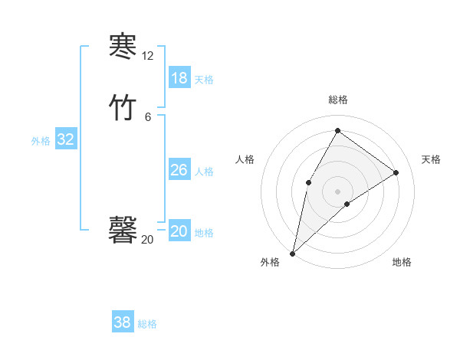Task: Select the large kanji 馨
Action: [123, 229]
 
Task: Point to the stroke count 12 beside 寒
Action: [147, 56]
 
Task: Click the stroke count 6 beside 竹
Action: [147, 117]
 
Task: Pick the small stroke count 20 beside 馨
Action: [147, 240]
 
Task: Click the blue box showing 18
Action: [179, 78]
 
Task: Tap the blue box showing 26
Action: [179, 170]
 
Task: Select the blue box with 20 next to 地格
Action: [179, 231]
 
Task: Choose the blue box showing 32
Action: [65, 139]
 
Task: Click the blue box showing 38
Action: [122, 322]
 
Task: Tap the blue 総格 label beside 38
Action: [147, 324]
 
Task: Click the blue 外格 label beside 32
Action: [41, 140]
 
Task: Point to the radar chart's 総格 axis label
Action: [337, 100]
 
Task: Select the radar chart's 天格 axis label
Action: [431, 159]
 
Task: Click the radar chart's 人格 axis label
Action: [245, 159]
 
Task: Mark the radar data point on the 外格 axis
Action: [292, 253]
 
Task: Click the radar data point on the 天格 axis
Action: [396, 172]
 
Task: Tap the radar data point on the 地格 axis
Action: [347, 204]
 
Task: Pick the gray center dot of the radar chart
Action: [337, 191]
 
